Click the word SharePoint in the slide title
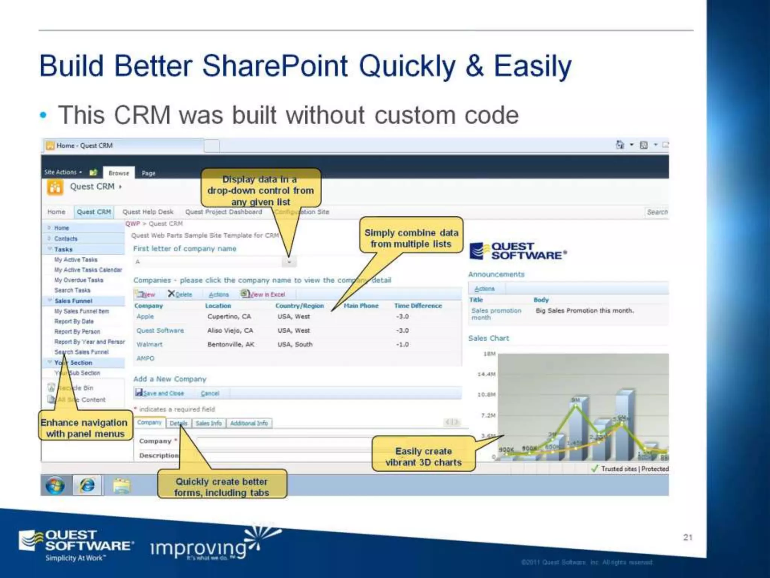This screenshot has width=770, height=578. pos(274,66)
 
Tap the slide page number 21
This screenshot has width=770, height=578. pos(688,537)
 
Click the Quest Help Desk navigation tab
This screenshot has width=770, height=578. pos(148,212)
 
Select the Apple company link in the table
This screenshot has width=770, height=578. pos(145,316)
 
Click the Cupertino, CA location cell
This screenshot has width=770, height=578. pos(229,316)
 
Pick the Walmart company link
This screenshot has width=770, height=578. pos(149,344)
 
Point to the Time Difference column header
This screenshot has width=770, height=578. pos(418,306)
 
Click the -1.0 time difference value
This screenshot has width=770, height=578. pos(402,344)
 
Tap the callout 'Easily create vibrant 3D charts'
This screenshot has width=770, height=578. pos(423,456)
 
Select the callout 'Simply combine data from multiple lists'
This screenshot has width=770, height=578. pos(411,238)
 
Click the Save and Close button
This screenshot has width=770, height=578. pos(159,393)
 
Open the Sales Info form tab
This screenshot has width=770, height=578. pos(209,423)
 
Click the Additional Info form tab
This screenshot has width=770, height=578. pos(249,423)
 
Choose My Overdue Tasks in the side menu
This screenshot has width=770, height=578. pos(79,280)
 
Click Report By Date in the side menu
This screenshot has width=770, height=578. pos(74,321)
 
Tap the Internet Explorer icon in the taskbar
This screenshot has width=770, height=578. pos(87,485)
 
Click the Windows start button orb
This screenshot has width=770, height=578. pos(55,485)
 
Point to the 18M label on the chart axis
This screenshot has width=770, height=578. pos(489,354)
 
